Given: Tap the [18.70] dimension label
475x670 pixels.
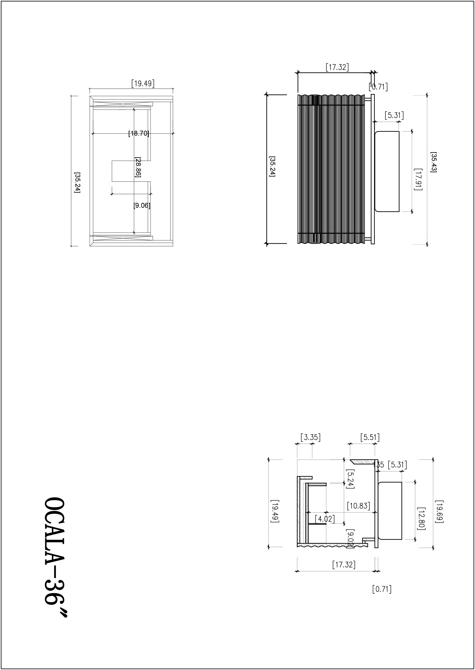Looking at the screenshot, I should click(x=139, y=133).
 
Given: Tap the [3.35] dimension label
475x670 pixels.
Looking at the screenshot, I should click(x=311, y=437).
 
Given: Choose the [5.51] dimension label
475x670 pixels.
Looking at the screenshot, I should click(x=370, y=437).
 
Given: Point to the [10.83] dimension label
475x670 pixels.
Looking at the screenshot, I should click(x=358, y=506).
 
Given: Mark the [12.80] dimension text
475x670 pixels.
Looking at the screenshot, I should click(x=421, y=518).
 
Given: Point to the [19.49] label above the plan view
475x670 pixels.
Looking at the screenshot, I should click(x=143, y=84).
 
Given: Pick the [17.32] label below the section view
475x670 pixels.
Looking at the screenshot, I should click(x=344, y=565).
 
